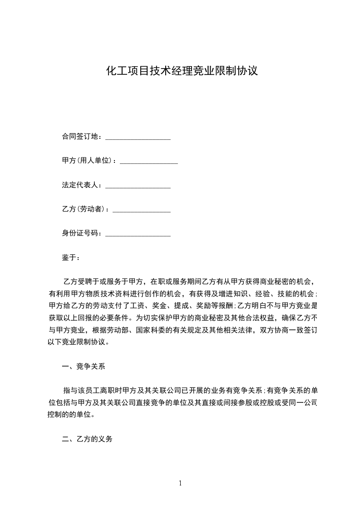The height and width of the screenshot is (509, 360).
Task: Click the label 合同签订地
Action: pyautogui.click(x=82, y=136)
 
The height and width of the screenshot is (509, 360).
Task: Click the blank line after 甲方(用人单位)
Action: pyautogui.click(x=148, y=162)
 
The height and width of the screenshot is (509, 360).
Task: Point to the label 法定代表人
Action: pyautogui.click(x=82, y=185)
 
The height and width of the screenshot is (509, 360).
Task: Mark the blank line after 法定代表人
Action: pyautogui.click(x=138, y=186)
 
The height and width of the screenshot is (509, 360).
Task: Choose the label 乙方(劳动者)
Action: pyautogui.click(x=85, y=209)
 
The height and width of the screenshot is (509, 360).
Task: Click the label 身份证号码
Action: pyautogui.click(x=82, y=234)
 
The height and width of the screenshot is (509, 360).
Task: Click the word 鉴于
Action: pyautogui.click(x=70, y=258)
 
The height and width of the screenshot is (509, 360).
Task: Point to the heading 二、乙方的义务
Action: pyautogui.click(x=87, y=439)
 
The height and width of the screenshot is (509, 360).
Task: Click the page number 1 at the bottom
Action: pyautogui.click(x=180, y=483)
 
